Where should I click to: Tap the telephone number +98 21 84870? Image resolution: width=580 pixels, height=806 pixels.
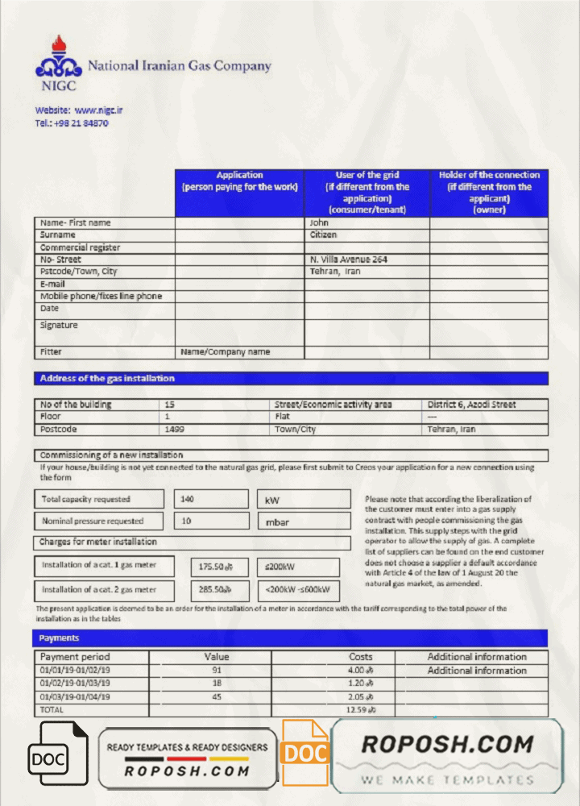[81, 123]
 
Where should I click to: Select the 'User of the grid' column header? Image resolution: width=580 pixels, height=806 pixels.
[367, 192]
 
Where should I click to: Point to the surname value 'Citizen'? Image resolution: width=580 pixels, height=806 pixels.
[324, 235]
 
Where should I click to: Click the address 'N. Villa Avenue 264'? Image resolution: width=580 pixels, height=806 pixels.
[348, 260]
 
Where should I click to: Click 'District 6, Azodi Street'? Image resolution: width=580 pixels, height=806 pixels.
[471, 405]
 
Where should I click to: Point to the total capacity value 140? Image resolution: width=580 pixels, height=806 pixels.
[188, 499]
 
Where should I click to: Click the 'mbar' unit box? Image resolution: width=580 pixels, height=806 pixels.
[277, 522]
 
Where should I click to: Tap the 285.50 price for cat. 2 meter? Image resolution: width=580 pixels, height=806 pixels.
[215, 589]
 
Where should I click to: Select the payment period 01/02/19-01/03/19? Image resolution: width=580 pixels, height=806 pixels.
[75, 683]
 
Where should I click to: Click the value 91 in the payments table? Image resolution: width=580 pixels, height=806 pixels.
[217, 670]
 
